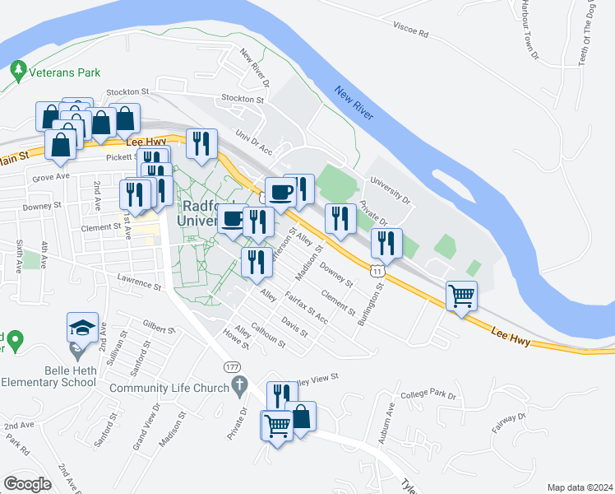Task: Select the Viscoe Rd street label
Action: click(x=411, y=32)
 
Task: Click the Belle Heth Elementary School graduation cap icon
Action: click(x=83, y=328)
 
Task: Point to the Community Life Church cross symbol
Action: click(x=239, y=384)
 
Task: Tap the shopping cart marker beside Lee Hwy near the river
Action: click(x=461, y=296)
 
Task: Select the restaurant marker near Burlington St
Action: click(x=386, y=243)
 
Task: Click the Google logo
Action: click(x=27, y=483)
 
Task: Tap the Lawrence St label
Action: click(x=139, y=282)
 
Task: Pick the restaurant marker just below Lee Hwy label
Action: click(x=201, y=144)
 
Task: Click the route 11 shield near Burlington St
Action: click(x=377, y=270)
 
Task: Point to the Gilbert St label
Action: click(x=160, y=327)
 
